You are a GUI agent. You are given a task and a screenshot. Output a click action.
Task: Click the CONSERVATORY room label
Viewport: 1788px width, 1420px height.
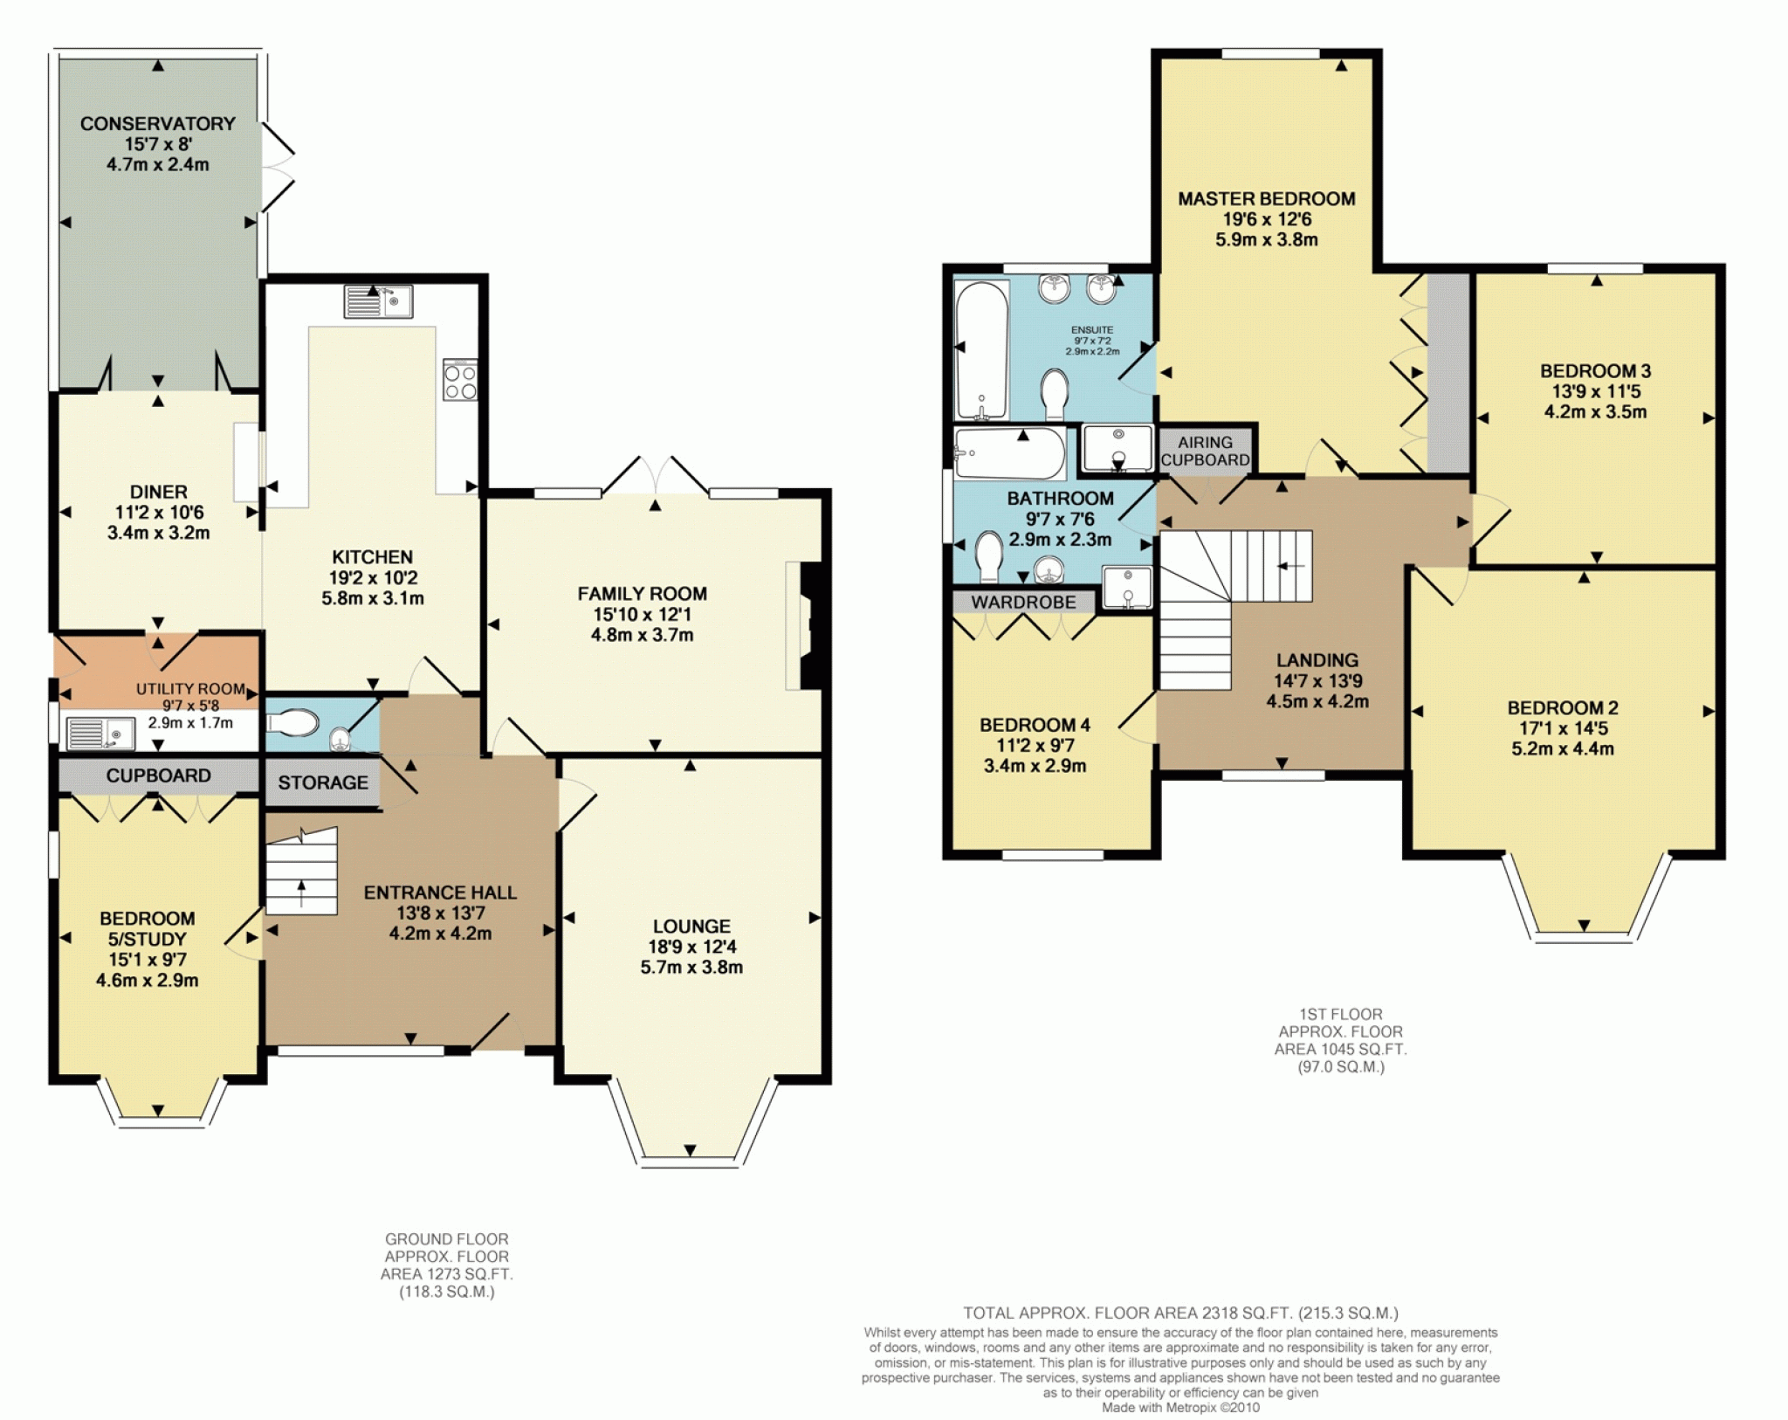click(158, 124)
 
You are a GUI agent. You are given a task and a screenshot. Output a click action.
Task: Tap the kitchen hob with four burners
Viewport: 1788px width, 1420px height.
click(460, 380)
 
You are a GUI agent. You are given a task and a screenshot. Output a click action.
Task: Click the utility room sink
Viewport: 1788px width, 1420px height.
click(100, 734)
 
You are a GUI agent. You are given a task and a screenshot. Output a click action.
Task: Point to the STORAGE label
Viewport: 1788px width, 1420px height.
click(323, 782)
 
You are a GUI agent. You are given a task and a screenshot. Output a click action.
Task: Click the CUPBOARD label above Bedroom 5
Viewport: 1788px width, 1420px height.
click(159, 775)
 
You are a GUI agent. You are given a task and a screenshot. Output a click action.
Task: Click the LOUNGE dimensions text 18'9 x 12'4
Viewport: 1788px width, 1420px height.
click(691, 947)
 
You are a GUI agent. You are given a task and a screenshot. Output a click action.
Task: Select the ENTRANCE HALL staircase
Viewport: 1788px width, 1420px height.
click(301, 872)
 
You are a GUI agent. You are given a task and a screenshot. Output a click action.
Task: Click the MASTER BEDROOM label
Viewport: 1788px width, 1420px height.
click(1267, 199)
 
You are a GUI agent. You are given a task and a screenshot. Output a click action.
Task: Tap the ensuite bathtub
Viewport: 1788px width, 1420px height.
click(982, 350)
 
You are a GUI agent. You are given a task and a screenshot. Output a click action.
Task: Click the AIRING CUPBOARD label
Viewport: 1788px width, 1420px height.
click(1206, 452)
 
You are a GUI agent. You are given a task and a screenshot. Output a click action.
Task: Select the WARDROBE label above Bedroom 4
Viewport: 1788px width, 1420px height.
click(1024, 603)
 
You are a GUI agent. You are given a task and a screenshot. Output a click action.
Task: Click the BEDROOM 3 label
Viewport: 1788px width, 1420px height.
click(1596, 371)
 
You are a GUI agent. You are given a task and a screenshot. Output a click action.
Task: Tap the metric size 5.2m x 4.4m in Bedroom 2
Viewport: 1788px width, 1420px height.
click(1563, 748)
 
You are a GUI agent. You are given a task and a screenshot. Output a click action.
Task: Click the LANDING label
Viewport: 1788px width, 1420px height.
click(1317, 660)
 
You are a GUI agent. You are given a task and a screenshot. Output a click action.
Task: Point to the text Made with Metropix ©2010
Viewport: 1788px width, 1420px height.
click(1180, 1408)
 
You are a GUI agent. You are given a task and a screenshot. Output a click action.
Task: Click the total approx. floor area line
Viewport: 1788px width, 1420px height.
click(1180, 1313)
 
